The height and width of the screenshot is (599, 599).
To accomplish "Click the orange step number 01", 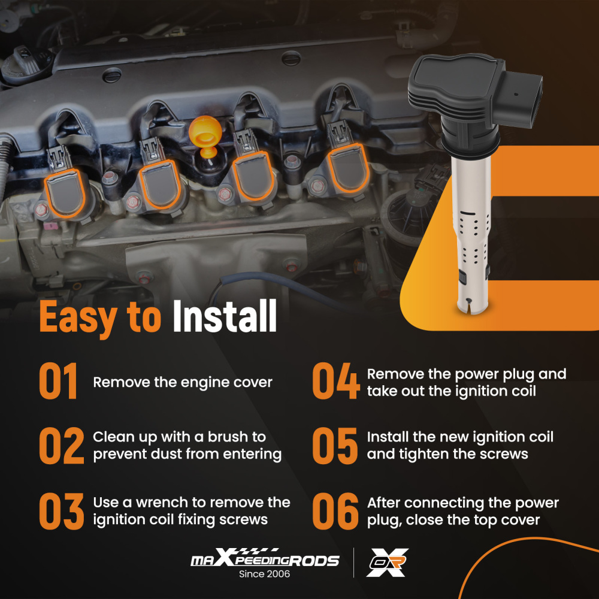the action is (58, 381).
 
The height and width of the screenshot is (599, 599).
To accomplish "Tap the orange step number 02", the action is (62, 446).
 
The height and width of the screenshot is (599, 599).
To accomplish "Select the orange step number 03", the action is (62, 511).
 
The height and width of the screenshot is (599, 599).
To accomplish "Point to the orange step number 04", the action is (336, 381).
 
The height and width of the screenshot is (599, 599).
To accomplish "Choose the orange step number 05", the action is (335, 446).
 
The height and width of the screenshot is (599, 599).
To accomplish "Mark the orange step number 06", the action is (335, 511).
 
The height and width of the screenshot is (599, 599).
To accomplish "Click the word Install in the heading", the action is (225, 316).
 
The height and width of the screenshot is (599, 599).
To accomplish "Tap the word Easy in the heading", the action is (78, 318).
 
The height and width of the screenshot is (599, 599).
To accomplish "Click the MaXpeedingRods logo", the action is (265, 558).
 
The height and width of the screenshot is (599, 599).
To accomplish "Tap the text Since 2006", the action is (264, 574).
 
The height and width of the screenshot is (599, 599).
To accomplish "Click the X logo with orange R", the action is (387, 562).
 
